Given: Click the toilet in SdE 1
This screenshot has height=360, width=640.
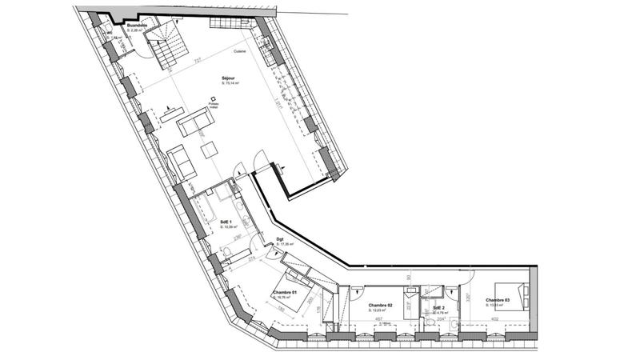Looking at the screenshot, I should point(229,254).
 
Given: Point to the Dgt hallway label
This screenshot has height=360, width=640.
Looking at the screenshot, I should point(281,239).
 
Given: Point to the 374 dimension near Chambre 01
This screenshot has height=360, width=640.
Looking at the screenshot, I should point(250,260).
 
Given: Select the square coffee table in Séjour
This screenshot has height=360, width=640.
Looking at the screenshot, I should point(209,148).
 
